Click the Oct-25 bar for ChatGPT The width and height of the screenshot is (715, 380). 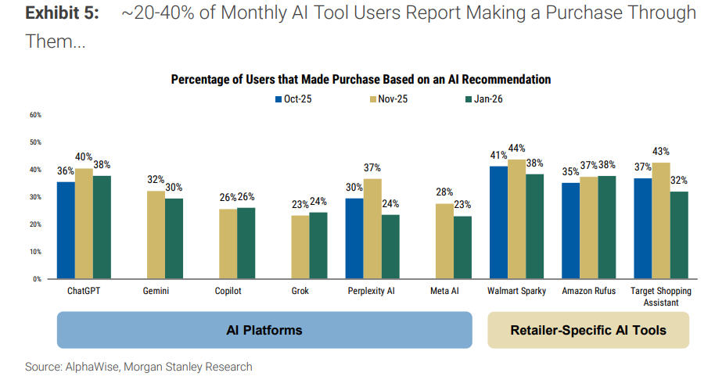66,230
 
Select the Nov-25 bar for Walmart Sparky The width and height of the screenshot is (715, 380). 516,219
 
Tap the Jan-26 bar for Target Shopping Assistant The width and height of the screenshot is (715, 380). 678,235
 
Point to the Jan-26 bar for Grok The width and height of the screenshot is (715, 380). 318,246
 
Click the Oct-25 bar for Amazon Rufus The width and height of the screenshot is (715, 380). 570,231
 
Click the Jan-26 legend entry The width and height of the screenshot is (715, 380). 486,99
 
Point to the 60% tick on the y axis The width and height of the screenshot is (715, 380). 36,115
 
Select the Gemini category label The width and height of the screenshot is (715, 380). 156,291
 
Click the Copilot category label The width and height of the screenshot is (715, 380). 228,291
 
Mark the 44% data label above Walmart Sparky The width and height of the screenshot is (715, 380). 516,149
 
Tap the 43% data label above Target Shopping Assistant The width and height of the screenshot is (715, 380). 660,152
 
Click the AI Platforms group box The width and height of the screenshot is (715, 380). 264,330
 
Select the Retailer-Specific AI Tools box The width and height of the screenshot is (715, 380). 588,330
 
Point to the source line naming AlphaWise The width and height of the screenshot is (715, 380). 138,366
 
